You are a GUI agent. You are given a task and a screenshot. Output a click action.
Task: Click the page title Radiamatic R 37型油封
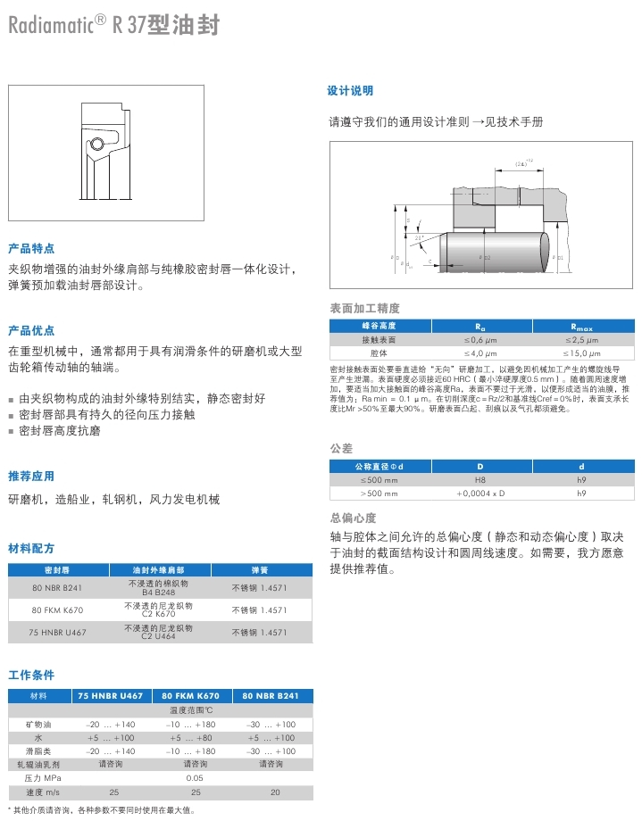(113, 26)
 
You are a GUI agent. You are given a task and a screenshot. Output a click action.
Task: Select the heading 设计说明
(351, 91)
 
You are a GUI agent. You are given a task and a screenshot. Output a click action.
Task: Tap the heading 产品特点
(31, 248)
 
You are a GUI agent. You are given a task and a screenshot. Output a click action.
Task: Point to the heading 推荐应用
(31, 476)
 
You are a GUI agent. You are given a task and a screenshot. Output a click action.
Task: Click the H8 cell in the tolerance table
(479, 479)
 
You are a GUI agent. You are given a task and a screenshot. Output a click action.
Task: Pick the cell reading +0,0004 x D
(480, 493)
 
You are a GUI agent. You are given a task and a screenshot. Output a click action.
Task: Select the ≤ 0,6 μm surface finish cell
(479, 340)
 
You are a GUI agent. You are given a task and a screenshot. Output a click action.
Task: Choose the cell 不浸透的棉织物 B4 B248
(159, 587)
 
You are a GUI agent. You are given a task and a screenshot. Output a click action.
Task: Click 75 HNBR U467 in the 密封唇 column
(59, 633)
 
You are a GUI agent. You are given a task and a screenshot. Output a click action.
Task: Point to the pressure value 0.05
(195, 777)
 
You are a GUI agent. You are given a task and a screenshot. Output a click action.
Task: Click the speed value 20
(275, 792)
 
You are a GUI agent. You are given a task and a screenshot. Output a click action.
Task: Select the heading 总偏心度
(354, 518)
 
